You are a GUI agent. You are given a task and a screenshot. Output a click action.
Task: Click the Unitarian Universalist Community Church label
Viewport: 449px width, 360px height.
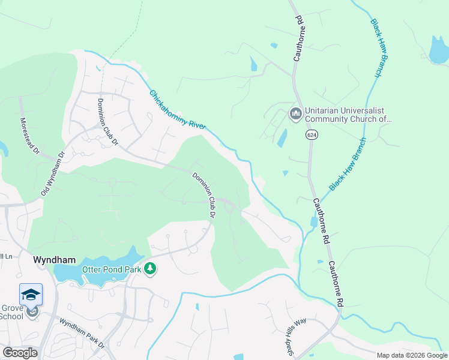348,115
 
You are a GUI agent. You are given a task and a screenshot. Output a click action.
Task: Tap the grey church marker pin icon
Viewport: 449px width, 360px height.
295,114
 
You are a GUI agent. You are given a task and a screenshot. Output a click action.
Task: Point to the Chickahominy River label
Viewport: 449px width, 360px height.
178,110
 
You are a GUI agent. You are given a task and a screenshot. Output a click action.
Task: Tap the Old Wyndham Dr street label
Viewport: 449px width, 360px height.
53,173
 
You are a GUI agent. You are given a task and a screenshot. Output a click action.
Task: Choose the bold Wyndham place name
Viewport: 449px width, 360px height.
54,260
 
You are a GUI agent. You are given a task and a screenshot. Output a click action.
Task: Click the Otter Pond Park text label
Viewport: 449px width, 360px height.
111,269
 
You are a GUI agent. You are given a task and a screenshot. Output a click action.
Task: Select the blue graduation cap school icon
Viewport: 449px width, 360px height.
31,294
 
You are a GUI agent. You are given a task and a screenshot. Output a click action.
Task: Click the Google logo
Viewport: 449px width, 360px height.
20,353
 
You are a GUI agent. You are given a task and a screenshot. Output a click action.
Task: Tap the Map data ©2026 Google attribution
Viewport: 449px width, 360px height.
412,355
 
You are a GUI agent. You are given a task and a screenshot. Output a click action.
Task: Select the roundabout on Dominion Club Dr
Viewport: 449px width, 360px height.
229,208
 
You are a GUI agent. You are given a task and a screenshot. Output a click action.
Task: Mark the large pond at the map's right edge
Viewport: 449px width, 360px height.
439,50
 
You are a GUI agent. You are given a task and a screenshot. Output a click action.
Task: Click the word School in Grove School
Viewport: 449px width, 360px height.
11,316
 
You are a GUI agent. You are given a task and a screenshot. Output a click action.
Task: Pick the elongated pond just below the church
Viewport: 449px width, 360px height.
282,138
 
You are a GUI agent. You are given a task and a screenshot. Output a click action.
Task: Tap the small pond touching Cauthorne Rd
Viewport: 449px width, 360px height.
314,221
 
